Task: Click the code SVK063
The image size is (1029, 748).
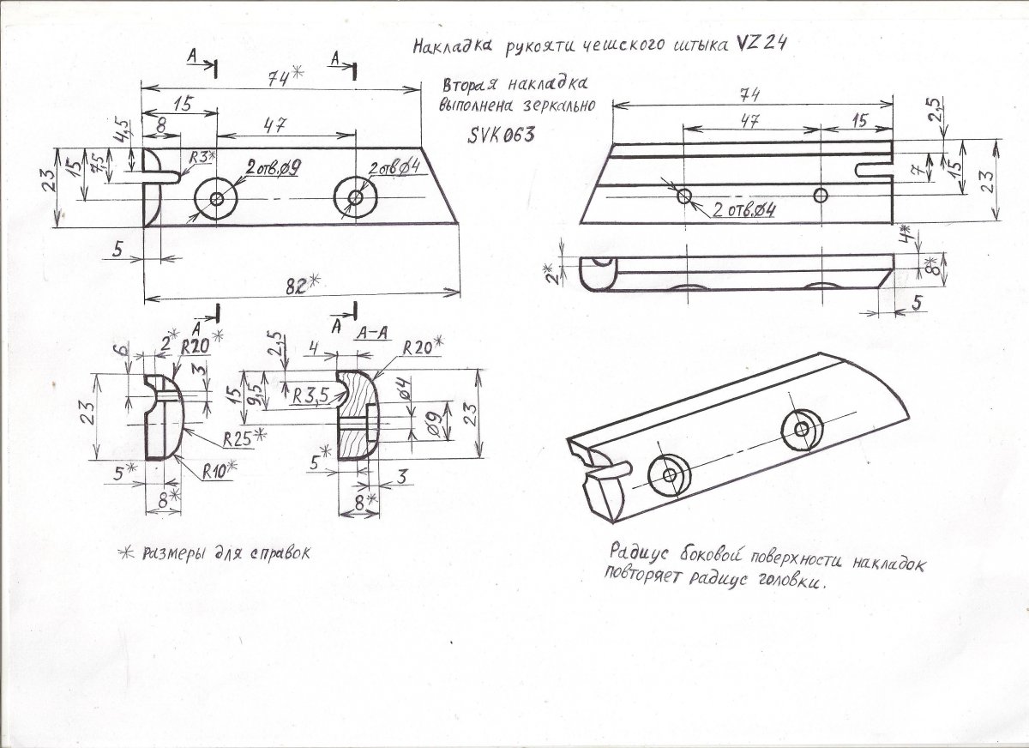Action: [x=502, y=135]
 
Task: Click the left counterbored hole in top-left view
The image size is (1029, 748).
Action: [x=216, y=199]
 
